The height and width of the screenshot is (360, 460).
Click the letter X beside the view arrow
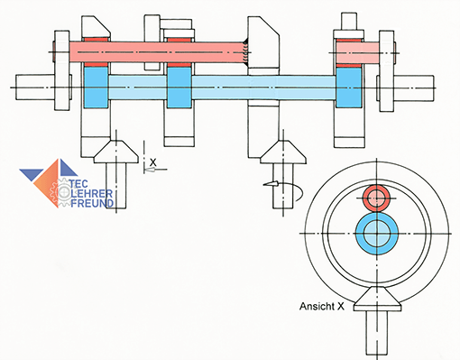point(153,162)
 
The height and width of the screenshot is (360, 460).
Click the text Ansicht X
point(322,307)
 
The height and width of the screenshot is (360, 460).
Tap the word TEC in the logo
point(78,184)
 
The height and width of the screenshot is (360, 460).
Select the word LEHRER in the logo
point(92,193)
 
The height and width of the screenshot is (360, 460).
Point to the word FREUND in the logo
point(92,203)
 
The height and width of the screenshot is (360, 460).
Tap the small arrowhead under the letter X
point(151,170)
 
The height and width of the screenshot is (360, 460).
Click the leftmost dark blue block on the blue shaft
point(96,88)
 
